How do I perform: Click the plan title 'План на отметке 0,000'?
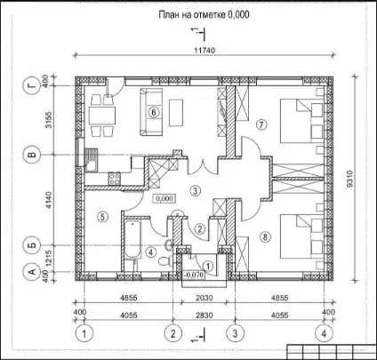[x=204, y=14]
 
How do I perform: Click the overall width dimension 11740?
[x=205, y=51]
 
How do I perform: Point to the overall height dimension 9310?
[x=350, y=179]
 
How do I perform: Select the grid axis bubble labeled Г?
[x=33, y=86]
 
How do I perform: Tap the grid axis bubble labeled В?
[x=33, y=155]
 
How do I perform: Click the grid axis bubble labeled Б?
[x=33, y=245]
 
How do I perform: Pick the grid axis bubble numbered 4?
[x=324, y=333]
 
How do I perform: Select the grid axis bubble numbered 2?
[x=172, y=333]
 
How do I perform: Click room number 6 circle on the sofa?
[x=154, y=112]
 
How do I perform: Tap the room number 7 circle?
[x=261, y=124]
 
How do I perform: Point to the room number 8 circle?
[x=265, y=236]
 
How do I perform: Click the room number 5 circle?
[x=102, y=217]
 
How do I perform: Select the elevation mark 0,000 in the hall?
[x=164, y=198]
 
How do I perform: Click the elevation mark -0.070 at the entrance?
[x=194, y=275]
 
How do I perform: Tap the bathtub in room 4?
[x=132, y=239]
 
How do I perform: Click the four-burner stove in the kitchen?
[x=115, y=179]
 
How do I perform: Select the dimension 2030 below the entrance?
[x=205, y=298]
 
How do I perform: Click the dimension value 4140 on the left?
[x=48, y=200]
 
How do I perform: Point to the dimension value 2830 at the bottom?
[x=205, y=315]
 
